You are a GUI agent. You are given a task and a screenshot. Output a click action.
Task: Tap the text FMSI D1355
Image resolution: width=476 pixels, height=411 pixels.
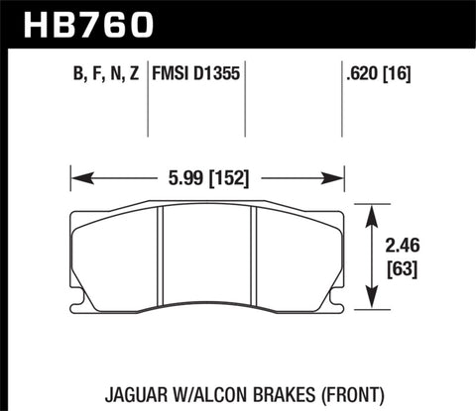pos(196,72)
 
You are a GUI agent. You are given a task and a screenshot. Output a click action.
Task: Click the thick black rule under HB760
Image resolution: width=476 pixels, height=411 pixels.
pos(238,45)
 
